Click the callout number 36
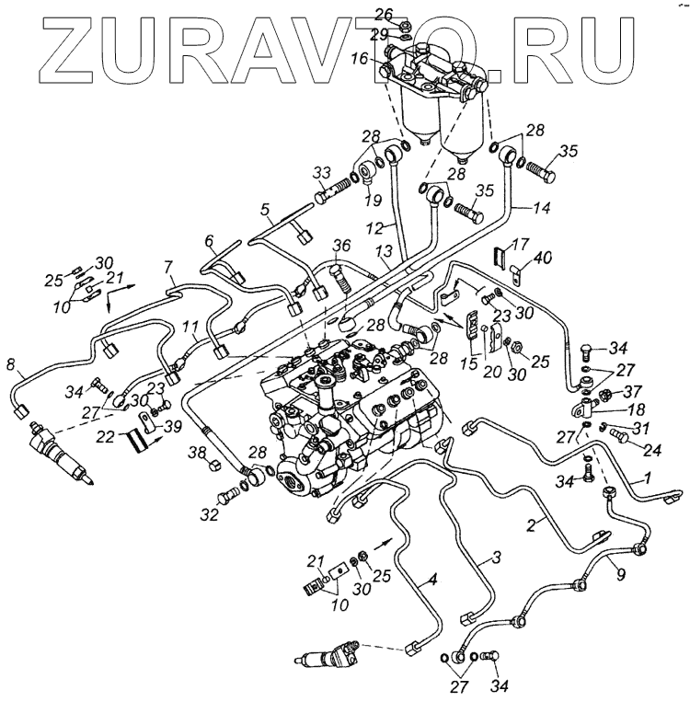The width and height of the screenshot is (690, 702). point(341,245)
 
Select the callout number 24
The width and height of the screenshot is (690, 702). point(628,451)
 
